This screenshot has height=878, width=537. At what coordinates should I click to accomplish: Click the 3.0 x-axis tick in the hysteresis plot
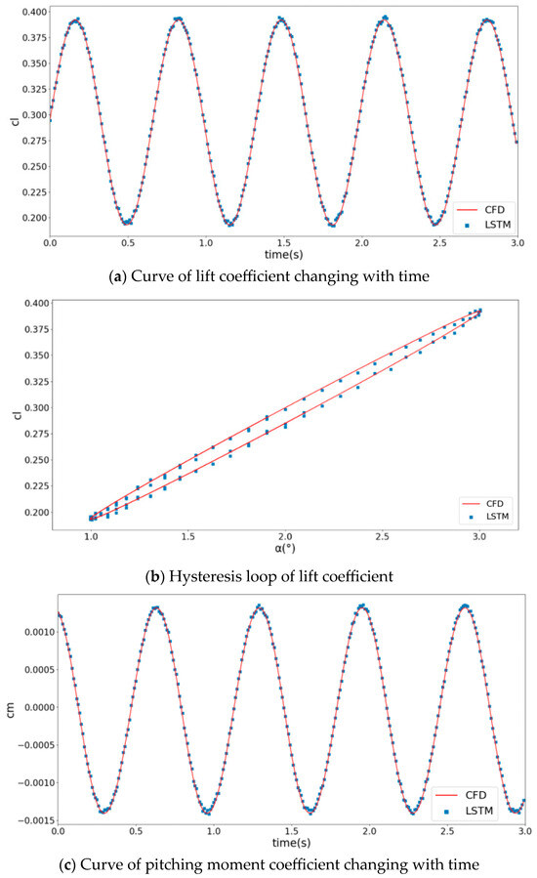tap(479, 536)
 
